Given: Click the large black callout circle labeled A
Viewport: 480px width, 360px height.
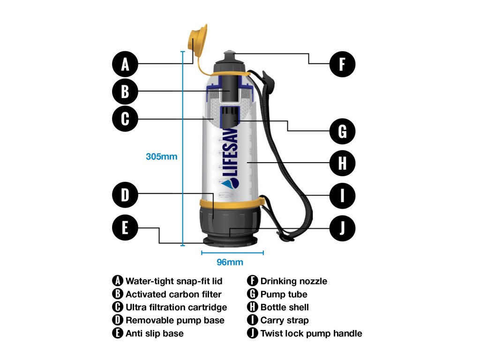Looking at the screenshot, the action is [x=125, y=64].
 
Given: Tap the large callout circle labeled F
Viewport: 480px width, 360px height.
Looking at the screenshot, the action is [x=342, y=64].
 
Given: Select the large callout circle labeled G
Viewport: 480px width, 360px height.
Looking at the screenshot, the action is [x=342, y=131].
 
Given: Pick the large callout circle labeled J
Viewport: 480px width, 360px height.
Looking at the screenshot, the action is [x=342, y=228].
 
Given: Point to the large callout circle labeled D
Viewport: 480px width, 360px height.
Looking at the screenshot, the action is [x=125, y=195].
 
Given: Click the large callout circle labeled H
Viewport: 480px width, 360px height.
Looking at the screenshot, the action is [x=342, y=163].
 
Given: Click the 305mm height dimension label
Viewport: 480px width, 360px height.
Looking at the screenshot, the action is [x=161, y=157].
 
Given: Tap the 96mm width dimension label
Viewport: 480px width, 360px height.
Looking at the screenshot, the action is [x=230, y=262].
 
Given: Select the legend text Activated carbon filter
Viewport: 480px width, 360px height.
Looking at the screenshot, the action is [x=173, y=294].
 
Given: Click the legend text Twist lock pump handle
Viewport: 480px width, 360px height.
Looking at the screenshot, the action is [x=311, y=333].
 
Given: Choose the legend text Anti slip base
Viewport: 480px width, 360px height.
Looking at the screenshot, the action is [x=155, y=333].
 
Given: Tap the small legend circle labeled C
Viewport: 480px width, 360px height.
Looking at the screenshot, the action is [x=118, y=307].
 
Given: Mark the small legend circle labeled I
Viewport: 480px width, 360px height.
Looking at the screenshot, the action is [x=252, y=320].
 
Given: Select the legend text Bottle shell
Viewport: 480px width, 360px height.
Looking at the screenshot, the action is [x=285, y=307].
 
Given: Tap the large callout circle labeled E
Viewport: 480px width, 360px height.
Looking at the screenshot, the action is [x=125, y=228].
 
